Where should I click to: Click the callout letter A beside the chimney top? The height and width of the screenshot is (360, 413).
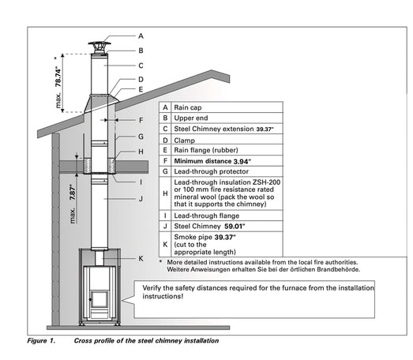pyautogui.click(x=141, y=36)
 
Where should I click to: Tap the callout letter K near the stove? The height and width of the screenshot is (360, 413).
pyautogui.click(x=141, y=258)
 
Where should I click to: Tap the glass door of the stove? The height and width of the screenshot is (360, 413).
pyautogui.click(x=99, y=298)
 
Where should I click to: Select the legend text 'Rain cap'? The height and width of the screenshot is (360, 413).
pyautogui.click(x=186, y=106)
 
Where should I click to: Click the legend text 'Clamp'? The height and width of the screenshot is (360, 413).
pyautogui.click(x=184, y=139)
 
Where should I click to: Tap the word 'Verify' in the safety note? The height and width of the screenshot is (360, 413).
pyautogui.click(x=152, y=287)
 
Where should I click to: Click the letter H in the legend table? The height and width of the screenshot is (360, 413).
pyautogui.click(x=164, y=192)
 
